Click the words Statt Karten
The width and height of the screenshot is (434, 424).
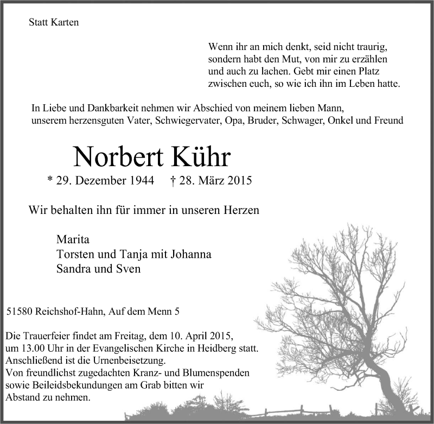tap(54, 23)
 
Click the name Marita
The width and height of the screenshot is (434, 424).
tap(72, 240)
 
